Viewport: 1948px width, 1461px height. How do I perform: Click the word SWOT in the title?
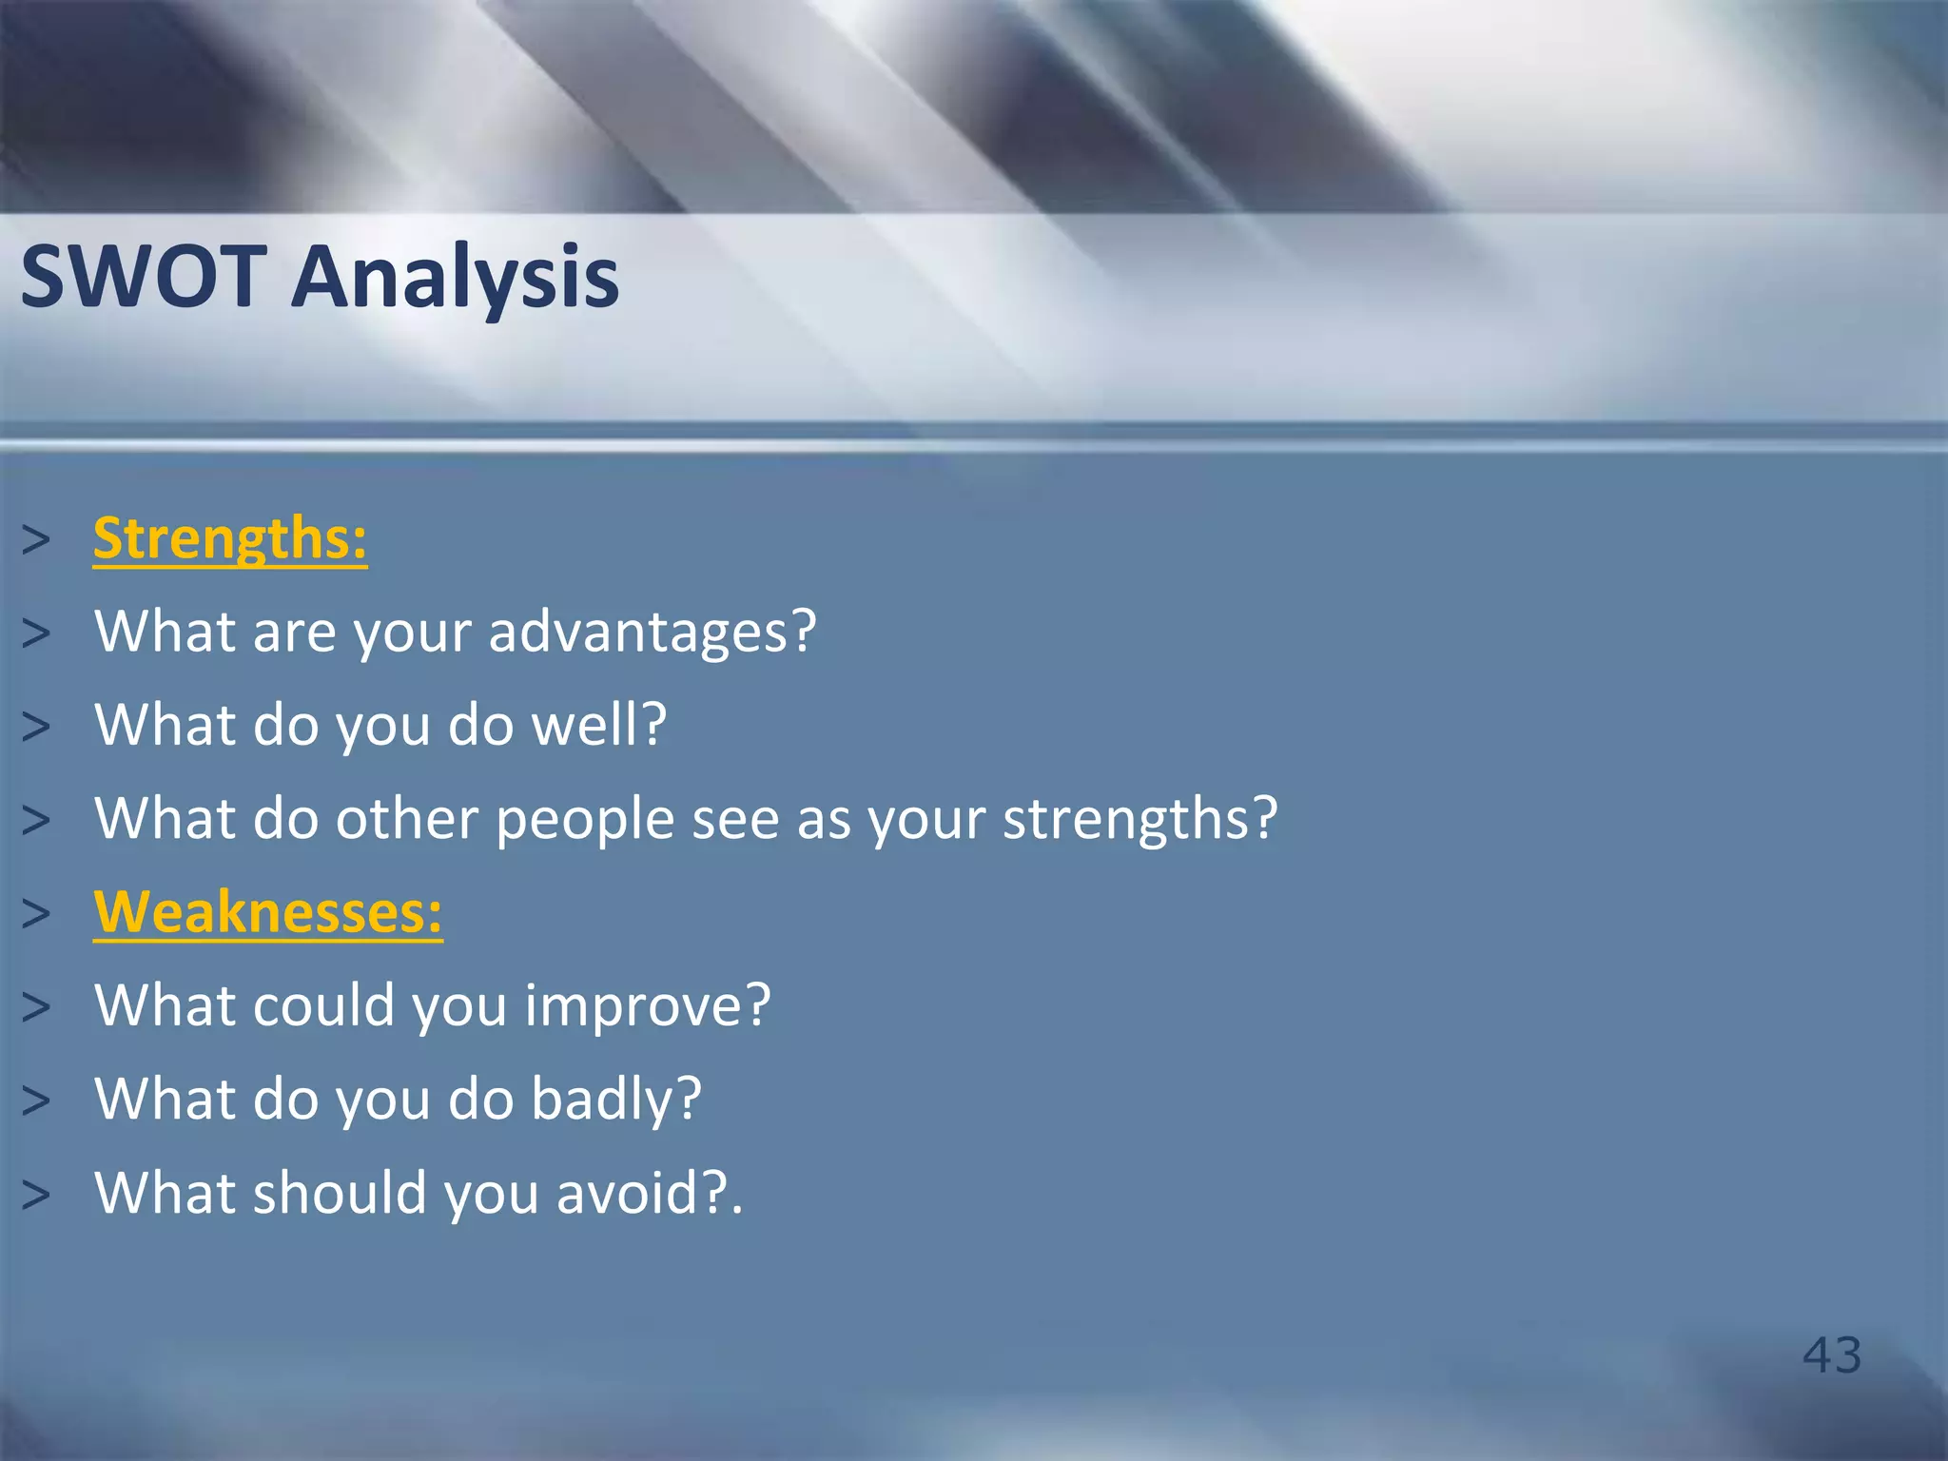point(143,277)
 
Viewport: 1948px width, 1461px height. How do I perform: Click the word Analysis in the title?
point(455,277)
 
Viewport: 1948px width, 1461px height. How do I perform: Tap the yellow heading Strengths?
point(229,538)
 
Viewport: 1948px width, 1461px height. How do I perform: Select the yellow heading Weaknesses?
point(267,912)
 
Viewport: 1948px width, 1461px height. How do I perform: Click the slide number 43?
point(1831,1354)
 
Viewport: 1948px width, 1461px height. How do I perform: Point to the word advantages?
point(653,632)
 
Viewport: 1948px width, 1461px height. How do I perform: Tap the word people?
point(584,820)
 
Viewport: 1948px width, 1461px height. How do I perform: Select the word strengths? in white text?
point(1140,818)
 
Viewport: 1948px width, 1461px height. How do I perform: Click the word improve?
point(647,1006)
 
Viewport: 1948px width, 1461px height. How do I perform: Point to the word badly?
point(615,1100)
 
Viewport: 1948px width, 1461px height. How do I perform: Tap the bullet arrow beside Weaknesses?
point(36,914)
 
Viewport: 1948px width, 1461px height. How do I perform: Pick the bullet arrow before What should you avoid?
point(36,1195)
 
